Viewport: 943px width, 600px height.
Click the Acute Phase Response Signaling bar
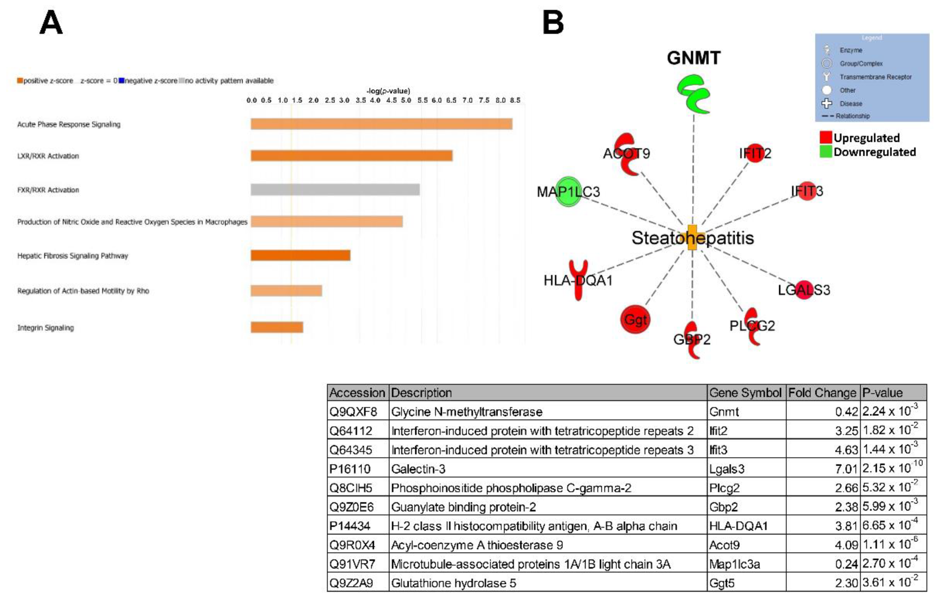coord(382,124)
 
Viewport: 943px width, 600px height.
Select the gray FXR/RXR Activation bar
coord(335,190)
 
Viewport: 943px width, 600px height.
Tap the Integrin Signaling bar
coord(277,327)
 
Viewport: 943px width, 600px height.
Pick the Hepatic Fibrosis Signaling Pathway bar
coord(300,255)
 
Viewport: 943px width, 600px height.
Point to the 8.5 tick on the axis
coord(514,100)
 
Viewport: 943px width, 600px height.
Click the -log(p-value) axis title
coord(388,91)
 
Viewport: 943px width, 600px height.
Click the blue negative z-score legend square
coord(121,81)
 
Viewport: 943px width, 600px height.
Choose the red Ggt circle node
coord(635,319)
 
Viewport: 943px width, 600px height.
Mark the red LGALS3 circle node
coord(804,290)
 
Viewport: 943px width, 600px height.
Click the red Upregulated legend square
coord(826,137)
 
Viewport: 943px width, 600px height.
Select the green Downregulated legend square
coord(826,152)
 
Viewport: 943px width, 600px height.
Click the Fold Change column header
coord(822,393)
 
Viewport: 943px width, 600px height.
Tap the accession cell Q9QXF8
coord(353,412)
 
